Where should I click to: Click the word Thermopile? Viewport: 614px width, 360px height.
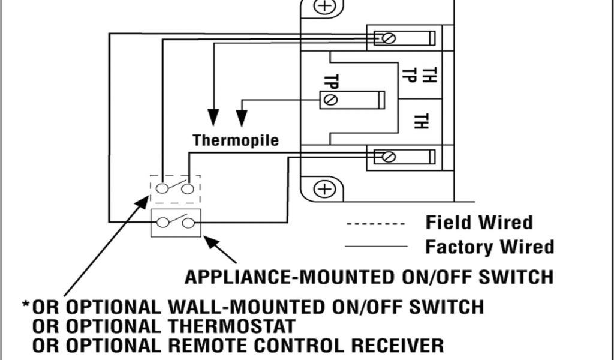tap(236, 140)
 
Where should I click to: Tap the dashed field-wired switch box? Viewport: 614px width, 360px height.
tap(174, 188)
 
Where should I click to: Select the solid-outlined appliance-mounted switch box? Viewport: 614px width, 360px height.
tap(176, 223)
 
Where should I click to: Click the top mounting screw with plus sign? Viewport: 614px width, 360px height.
tap(324, 6)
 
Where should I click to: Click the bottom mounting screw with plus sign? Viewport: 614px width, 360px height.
tap(324, 189)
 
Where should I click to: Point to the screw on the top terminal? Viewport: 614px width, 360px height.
tap(388, 38)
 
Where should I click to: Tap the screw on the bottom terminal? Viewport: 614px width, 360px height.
tap(388, 157)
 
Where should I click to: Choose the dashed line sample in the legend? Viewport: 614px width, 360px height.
tap(375, 224)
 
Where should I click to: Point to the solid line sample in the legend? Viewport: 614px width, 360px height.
tap(375, 247)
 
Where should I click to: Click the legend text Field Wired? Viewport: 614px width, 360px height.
tap(478, 223)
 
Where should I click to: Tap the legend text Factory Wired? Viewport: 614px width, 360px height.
tap(489, 246)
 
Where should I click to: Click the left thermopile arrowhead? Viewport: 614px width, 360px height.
tap(213, 118)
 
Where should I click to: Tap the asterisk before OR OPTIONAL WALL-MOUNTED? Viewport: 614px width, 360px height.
tap(26, 305)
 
